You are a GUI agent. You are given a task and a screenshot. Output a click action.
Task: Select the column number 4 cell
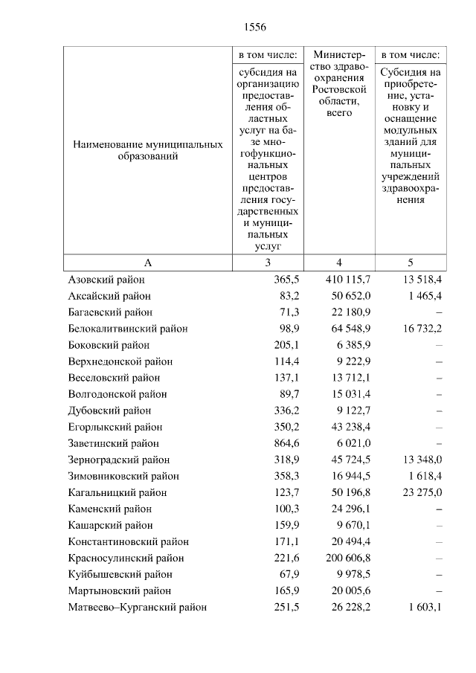point(338,263)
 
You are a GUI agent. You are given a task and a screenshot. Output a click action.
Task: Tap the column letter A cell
point(147,263)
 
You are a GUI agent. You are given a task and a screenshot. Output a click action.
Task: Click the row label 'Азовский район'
point(106,280)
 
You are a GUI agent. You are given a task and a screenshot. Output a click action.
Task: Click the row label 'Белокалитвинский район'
point(127,329)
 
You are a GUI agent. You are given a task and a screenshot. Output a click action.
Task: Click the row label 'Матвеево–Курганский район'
point(137,607)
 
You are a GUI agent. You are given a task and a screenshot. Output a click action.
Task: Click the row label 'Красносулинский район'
point(125,558)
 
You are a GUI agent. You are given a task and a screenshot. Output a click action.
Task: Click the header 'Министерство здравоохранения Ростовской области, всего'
point(338,83)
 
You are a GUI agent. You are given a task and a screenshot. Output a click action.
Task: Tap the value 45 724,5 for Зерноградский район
point(351,460)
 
